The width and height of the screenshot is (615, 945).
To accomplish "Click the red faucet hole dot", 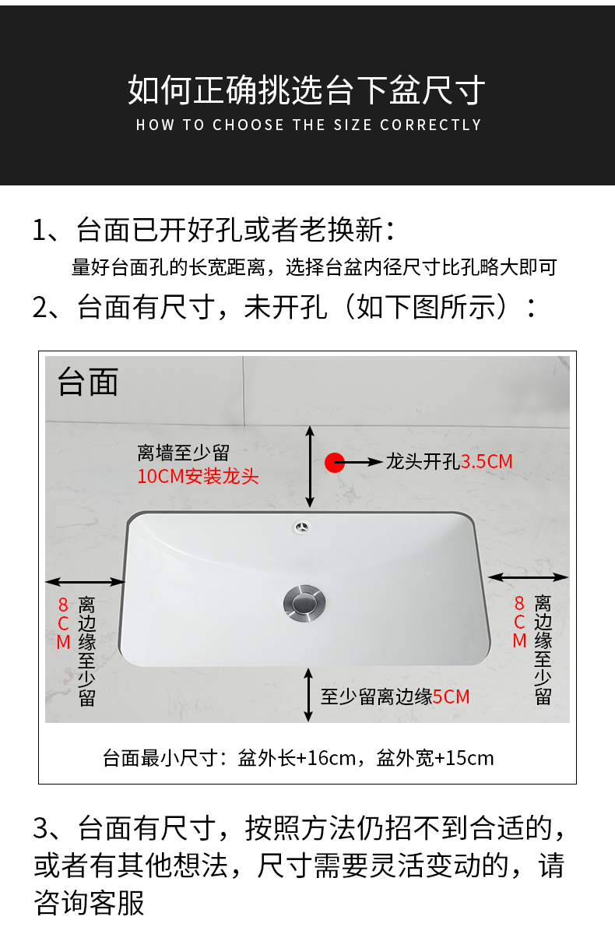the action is [335, 463].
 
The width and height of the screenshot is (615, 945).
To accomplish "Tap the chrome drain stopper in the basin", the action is [304, 603].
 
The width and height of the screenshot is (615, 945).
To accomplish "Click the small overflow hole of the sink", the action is [301, 527].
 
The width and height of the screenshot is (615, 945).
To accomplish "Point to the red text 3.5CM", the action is [487, 461].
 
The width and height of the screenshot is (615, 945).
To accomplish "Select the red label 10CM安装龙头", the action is [198, 477].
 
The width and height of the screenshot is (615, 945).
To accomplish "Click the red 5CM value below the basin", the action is [451, 697].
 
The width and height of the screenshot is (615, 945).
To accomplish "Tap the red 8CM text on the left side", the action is [63, 623].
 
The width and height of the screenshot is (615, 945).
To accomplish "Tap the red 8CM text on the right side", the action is [519, 622].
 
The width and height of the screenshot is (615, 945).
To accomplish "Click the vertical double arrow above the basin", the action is [310, 467].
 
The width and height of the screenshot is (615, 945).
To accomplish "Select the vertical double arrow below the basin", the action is [308, 695].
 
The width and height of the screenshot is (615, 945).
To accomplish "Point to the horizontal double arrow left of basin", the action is [86, 582].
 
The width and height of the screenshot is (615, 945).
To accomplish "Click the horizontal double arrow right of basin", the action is [528, 577].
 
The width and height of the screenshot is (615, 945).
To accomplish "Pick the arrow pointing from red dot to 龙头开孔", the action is [358, 463].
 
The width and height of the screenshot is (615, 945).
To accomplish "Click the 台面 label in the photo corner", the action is [88, 382].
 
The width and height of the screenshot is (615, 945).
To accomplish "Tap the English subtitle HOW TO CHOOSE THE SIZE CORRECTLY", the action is [308, 125].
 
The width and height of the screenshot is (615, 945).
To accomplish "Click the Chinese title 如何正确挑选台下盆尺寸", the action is [307, 90].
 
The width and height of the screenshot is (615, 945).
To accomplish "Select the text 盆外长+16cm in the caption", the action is [297, 758].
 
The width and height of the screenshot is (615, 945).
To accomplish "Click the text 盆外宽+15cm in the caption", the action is [435, 758].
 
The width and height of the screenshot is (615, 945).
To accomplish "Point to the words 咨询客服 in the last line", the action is [89, 903].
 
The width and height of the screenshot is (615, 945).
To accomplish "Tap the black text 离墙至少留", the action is [184, 453].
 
